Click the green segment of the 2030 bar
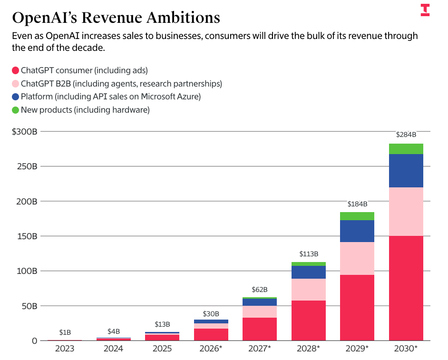(x=406, y=149)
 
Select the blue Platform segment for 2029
(x=357, y=231)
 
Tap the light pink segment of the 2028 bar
(x=308, y=290)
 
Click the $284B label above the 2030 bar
(x=406, y=135)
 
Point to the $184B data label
(x=357, y=204)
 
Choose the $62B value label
(x=260, y=289)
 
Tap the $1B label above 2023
(x=65, y=332)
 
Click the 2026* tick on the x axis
(x=211, y=349)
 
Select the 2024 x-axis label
(x=114, y=349)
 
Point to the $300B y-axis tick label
(x=25, y=132)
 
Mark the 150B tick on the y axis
(x=27, y=236)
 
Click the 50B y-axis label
(x=29, y=306)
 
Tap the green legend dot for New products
(x=15, y=110)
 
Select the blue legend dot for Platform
(x=15, y=97)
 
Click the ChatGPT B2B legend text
(x=121, y=84)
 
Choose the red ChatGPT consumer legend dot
(x=15, y=70)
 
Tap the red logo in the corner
(x=425, y=10)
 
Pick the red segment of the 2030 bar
(x=406, y=288)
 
